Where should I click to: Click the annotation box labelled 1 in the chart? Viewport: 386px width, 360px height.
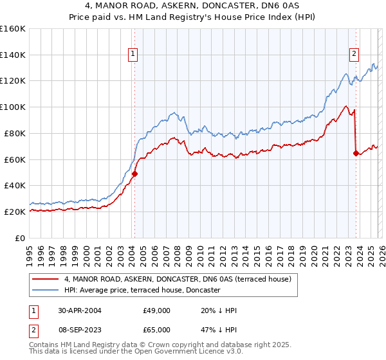tap(133, 55)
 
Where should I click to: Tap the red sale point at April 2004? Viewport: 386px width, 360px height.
tap(134, 174)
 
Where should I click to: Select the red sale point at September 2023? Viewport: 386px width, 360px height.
tap(356, 153)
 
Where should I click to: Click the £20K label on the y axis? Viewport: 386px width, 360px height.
tap(15, 212)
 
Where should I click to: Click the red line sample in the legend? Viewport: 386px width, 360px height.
tap(46, 280)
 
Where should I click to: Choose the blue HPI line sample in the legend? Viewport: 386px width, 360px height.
tap(46, 291)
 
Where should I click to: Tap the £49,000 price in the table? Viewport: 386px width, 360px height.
tap(157, 310)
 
